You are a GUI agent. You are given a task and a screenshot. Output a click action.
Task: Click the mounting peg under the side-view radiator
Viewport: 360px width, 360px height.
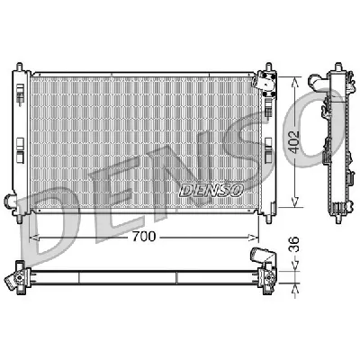[335, 215]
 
